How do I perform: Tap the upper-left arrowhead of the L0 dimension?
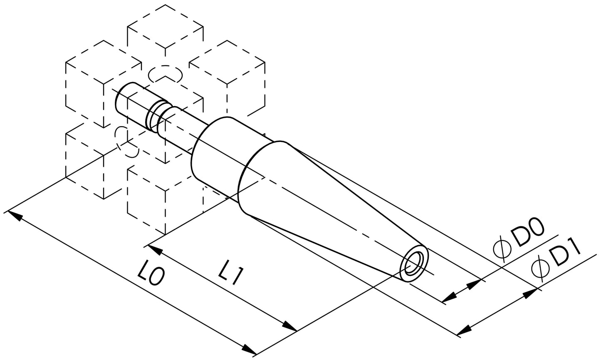coord(15,216)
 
